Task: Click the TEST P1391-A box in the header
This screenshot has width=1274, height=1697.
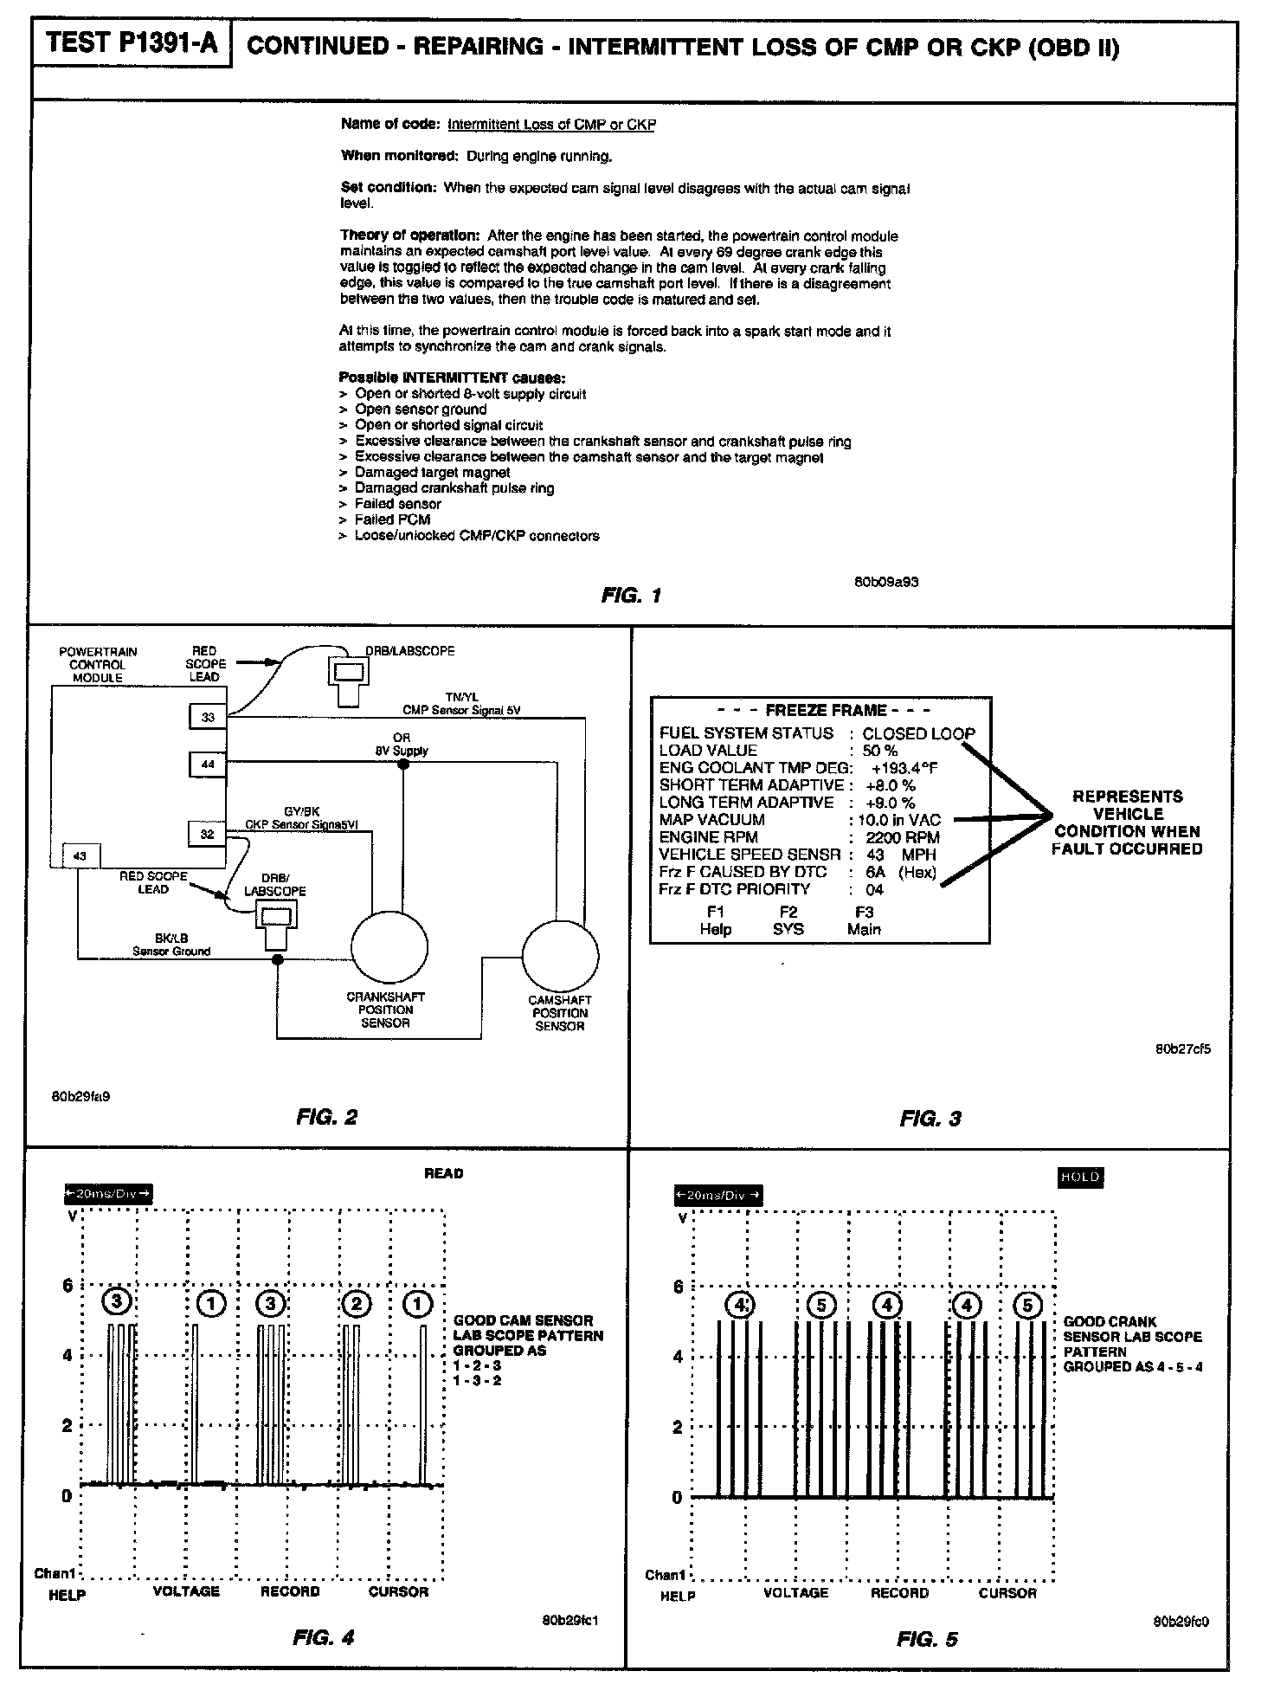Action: point(132,43)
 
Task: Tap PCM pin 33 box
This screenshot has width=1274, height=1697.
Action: point(208,717)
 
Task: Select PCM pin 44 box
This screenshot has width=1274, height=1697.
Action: point(208,765)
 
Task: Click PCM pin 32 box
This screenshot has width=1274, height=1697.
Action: point(208,834)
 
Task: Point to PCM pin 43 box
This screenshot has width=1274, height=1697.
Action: point(80,856)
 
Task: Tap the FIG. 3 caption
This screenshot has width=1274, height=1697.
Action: point(930,1119)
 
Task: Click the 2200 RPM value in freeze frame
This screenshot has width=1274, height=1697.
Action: point(902,837)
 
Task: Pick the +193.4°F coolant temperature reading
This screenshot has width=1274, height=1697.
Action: point(904,768)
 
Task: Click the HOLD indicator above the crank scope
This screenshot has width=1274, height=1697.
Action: point(1079,1177)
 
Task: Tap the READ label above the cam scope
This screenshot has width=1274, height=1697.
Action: point(444,1174)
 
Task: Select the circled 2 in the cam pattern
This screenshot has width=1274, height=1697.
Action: point(356,1303)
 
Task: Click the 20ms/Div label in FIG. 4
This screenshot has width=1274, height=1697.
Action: point(108,1194)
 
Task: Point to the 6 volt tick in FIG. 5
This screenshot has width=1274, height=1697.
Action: point(678,1287)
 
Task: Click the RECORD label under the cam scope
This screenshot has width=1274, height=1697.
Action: point(290,1591)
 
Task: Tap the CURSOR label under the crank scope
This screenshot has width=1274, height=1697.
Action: point(1007,1593)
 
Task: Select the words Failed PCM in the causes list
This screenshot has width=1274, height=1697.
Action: point(392,519)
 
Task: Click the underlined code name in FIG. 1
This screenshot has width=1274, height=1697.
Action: point(551,125)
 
